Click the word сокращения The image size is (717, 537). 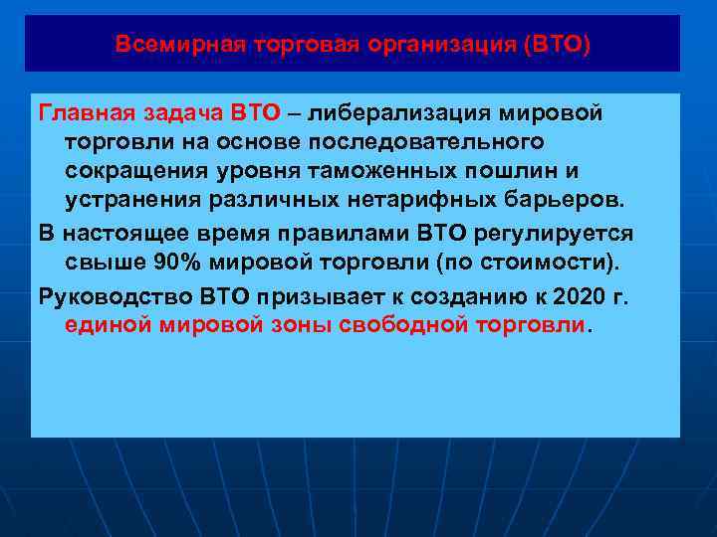point(127,170)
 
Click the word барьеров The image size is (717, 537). point(564,199)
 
